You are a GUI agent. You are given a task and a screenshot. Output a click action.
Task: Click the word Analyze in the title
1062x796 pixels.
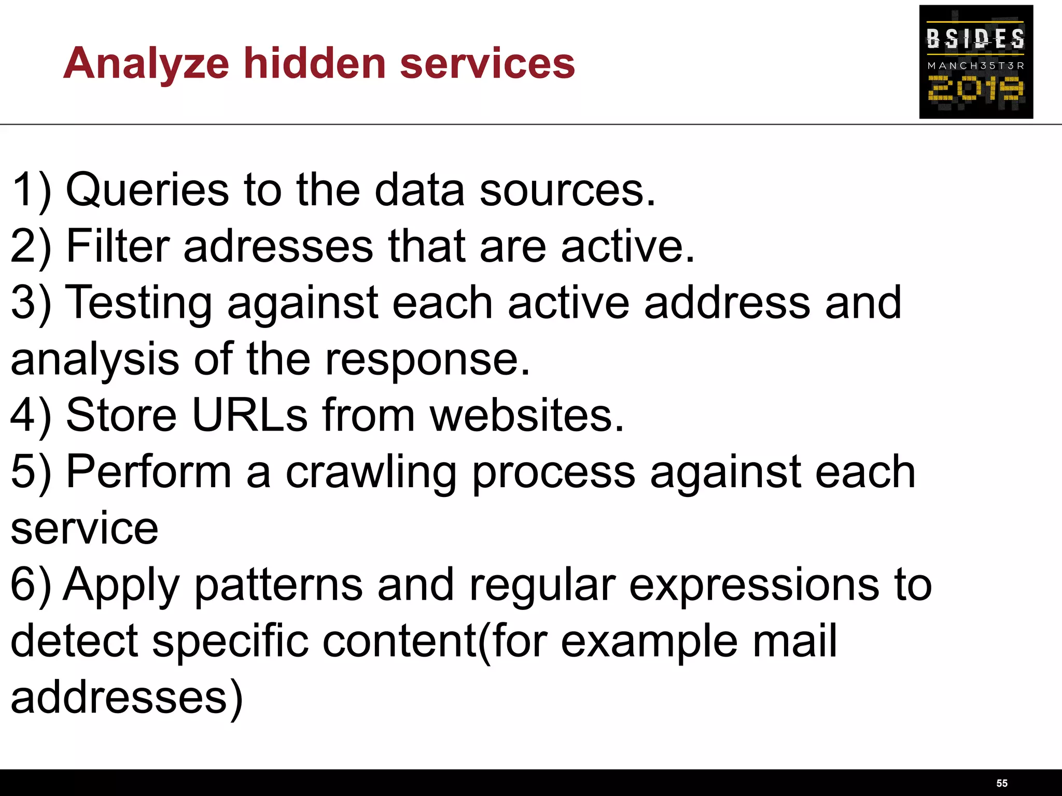146,64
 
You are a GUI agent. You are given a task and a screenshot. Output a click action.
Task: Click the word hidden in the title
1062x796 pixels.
315,63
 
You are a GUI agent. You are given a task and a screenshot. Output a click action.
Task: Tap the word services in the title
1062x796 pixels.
487,64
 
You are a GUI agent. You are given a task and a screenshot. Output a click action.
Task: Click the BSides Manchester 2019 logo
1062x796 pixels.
976,62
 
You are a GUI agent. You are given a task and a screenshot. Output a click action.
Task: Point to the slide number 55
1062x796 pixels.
1002,783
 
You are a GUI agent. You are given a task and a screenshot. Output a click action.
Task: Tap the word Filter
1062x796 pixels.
118,246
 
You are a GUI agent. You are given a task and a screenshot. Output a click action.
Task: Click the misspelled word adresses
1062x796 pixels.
278,246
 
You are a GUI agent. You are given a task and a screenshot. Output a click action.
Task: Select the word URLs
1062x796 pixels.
250,415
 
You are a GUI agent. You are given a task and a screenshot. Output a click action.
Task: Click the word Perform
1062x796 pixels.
149,472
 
